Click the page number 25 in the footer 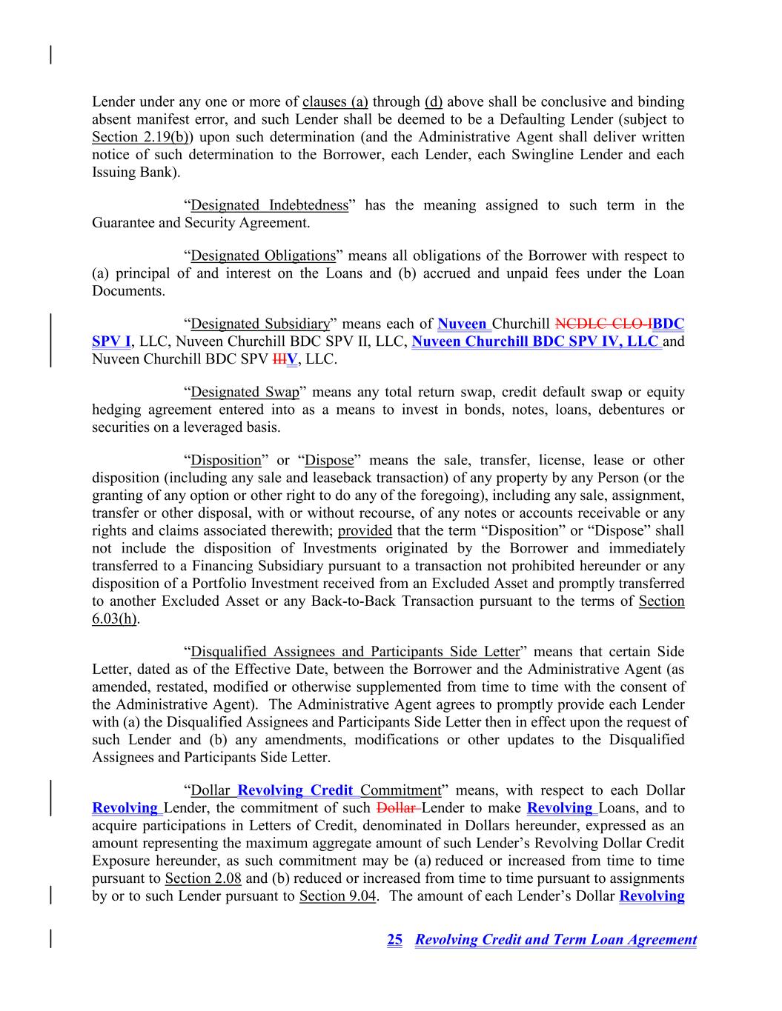click(x=394, y=940)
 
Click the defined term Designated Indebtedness click(x=269, y=205)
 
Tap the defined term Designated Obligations click(x=263, y=256)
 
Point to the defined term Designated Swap click(x=245, y=392)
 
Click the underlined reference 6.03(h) click(x=114, y=619)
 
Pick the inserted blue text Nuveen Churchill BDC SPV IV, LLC click(x=535, y=341)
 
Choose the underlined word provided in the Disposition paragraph click(x=365, y=530)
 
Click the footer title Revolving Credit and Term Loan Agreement click(x=556, y=940)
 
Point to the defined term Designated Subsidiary click(x=260, y=324)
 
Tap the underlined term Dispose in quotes click(x=329, y=460)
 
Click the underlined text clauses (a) click(x=335, y=101)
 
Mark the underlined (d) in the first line click(x=433, y=101)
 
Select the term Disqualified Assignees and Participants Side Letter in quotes click(x=355, y=652)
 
